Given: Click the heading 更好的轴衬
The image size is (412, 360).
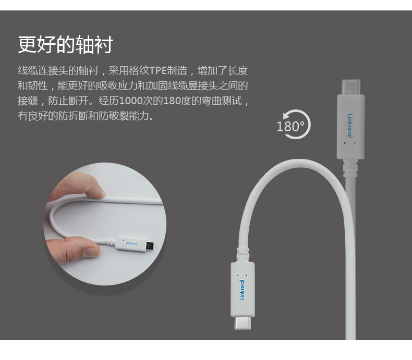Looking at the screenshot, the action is point(65,45).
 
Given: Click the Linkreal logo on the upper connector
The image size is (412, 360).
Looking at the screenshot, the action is point(350,126).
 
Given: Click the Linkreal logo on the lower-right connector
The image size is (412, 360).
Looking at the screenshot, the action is point(242,290).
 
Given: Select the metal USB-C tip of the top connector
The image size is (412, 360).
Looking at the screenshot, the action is point(351,87).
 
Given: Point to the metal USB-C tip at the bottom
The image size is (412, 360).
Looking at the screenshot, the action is point(243,322).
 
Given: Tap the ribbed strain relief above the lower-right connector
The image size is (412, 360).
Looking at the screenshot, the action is point(243,255).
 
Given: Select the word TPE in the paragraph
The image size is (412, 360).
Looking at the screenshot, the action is point(158,70).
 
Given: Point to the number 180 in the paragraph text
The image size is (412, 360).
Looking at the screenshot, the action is point(172,101).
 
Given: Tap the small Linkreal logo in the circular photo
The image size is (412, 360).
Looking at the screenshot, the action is point(131,243).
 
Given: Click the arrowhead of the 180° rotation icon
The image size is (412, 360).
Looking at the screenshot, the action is point(287,116).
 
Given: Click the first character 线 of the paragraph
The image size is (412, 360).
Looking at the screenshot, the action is point(22,70).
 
